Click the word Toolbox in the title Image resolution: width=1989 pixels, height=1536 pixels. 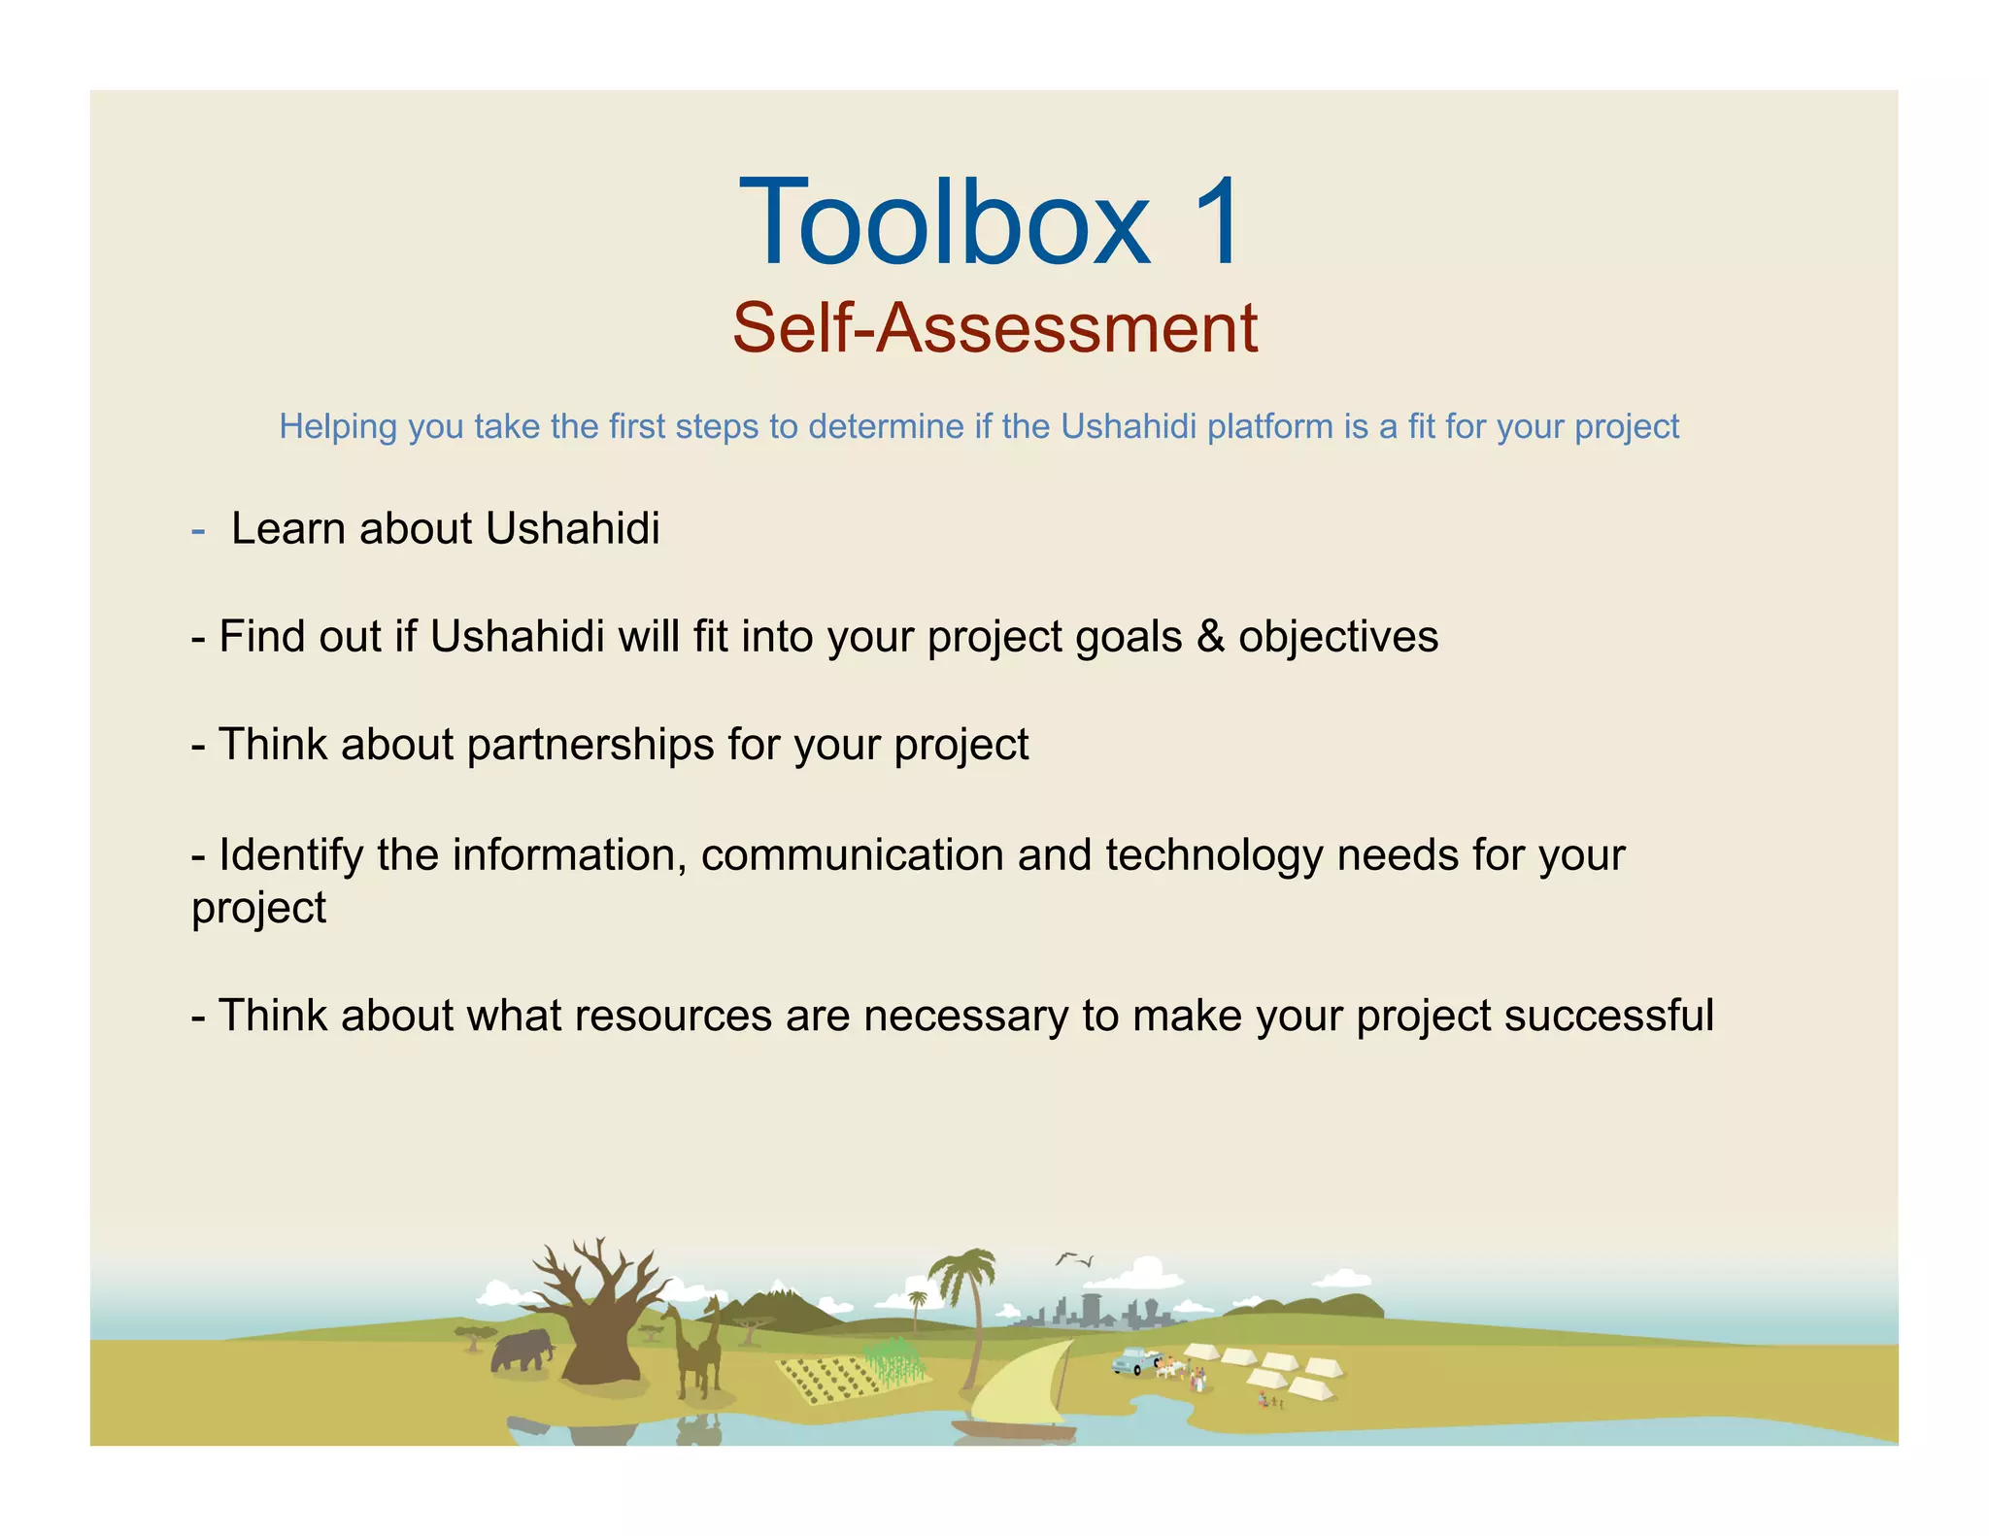[945, 223]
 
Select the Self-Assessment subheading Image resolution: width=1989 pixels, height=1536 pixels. [994, 328]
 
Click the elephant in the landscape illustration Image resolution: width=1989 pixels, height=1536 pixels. [522, 1351]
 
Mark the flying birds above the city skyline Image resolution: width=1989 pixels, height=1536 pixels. [1074, 1259]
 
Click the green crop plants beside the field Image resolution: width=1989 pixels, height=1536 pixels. [894, 1359]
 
